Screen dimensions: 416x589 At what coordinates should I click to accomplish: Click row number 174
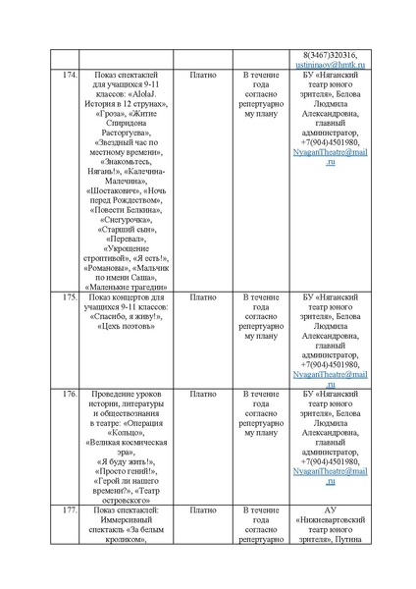tap(67, 75)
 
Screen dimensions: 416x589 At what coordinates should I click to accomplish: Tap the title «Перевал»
tap(124, 240)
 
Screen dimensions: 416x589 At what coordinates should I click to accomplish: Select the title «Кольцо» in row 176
tap(125, 432)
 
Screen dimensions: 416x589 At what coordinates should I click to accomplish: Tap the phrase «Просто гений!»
tap(125, 470)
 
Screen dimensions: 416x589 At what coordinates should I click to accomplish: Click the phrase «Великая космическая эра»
tap(125, 447)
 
